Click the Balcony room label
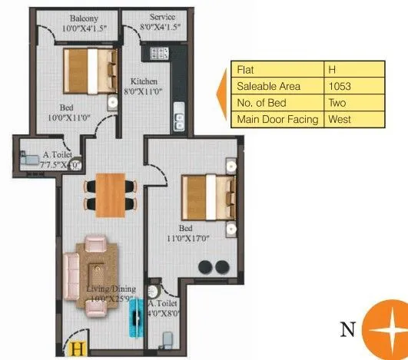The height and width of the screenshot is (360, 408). click(82, 17)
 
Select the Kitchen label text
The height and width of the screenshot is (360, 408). click(144, 81)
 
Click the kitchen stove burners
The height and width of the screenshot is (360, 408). click(160, 53)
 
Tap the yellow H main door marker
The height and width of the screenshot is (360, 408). click(77, 349)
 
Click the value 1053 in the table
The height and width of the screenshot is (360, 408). click(339, 87)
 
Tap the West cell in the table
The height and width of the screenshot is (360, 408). click(339, 120)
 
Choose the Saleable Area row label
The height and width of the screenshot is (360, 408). click(268, 87)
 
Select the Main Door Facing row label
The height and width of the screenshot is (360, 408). click(277, 120)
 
